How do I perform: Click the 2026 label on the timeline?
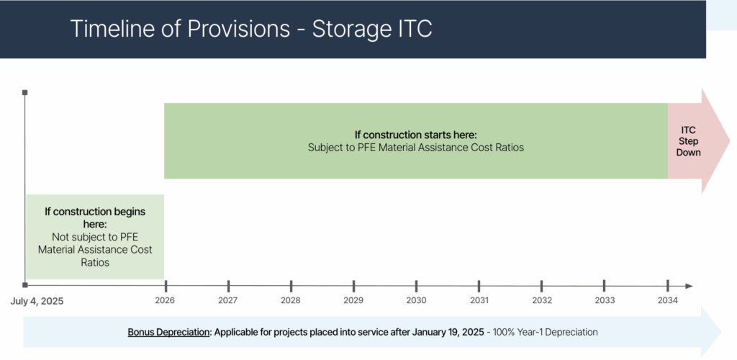tap(165, 300)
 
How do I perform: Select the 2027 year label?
tap(228, 300)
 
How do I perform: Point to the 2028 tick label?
tap(291, 300)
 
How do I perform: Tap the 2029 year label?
tap(353, 300)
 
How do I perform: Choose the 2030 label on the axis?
tap(417, 300)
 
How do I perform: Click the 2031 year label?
tap(479, 300)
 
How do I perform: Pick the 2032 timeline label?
tap(542, 300)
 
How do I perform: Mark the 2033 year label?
tap(605, 300)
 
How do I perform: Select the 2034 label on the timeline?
tap(668, 300)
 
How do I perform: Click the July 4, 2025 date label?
tap(37, 301)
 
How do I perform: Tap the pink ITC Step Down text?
tap(688, 141)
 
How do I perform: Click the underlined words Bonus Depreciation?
tap(168, 332)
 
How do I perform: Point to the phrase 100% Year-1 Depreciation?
tap(546, 332)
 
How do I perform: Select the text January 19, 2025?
tap(448, 332)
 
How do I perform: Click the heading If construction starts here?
tap(416, 135)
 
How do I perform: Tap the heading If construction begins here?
tap(95, 217)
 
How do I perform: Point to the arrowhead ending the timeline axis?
tap(689, 287)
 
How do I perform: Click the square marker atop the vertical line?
tap(25, 93)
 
